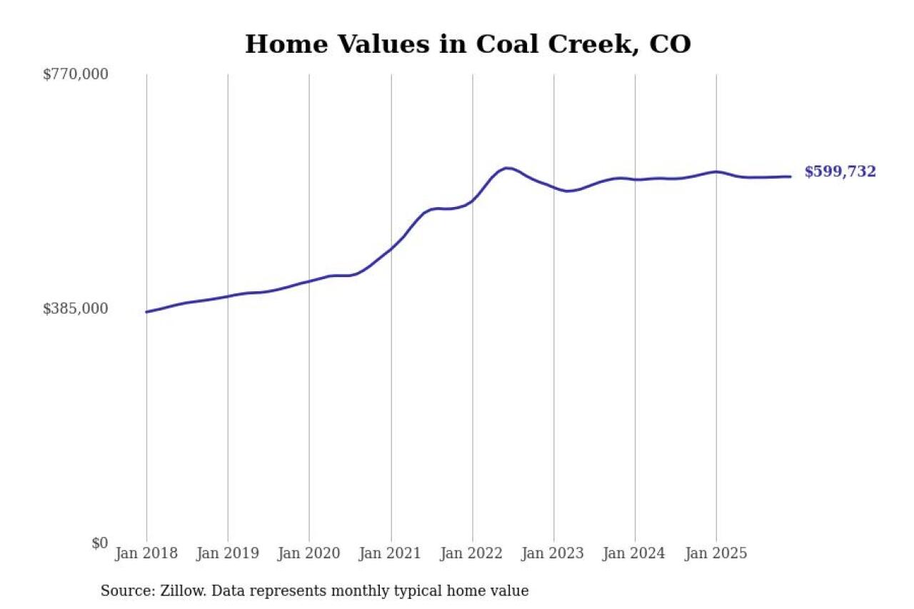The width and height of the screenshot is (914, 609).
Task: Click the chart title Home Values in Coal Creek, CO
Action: coord(468,44)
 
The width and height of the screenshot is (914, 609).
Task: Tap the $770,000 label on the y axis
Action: coord(76,74)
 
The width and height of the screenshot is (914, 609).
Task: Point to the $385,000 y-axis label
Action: coord(76,308)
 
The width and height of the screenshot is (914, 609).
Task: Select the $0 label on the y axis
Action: coord(99,543)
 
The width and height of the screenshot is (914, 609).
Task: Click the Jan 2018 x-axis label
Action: coord(146,553)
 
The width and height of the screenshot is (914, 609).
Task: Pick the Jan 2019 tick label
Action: coord(228,553)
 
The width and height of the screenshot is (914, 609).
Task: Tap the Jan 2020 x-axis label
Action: coord(309,553)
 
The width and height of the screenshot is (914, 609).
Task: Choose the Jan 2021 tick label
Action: coord(391,553)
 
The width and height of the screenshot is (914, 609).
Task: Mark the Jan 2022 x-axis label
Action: coord(472,553)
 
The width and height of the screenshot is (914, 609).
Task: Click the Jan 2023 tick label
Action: coord(553,553)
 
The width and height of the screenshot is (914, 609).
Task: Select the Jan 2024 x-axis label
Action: coord(635,553)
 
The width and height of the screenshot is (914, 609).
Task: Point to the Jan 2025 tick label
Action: coord(716,553)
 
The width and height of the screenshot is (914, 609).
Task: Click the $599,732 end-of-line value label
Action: coord(840,172)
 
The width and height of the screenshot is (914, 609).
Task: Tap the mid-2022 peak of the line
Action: coord(506,168)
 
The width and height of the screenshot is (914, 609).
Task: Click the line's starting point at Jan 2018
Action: coord(146,312)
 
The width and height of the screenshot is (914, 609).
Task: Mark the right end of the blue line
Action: coord(790,176)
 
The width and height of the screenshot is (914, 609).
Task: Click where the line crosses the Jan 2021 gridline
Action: coord(391,248)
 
